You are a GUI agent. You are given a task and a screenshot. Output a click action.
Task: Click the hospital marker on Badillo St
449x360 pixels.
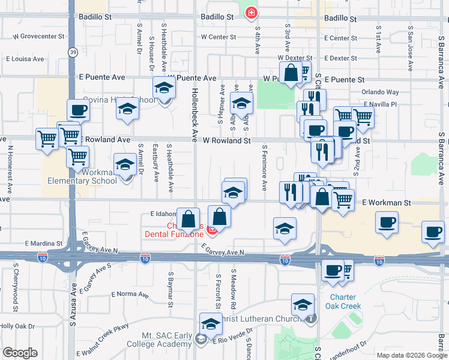pos(252,13)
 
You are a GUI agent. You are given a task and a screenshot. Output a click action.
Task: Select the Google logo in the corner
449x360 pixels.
pos(20,353)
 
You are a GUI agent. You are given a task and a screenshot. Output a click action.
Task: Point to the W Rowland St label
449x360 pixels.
pos(226,141)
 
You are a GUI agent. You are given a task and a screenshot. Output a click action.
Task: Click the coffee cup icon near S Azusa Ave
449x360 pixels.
pos(78,110)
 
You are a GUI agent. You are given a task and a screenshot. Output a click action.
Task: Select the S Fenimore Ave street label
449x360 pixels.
pos(264,167)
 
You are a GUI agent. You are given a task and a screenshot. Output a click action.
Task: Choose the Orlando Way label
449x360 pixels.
pos(380,92)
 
